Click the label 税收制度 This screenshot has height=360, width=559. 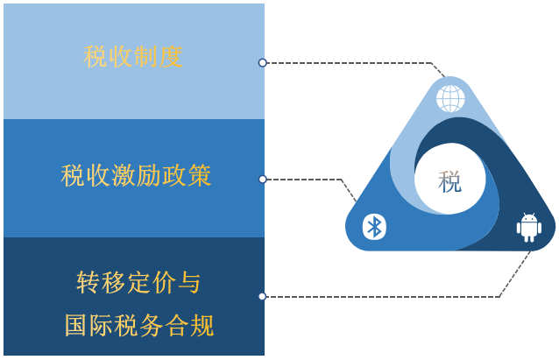133,57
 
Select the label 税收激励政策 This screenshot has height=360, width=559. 136,175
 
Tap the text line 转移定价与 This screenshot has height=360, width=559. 138,282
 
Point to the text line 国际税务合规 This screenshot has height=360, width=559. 139,325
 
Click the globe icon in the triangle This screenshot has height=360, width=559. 450,99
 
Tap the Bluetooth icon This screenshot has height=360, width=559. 374,227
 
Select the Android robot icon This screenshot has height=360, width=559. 529,228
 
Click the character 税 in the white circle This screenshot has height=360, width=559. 449,182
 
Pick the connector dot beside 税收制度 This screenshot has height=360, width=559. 262,63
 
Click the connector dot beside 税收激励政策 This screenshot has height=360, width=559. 262,180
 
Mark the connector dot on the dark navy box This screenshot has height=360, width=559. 262,297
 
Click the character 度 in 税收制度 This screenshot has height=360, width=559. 171,57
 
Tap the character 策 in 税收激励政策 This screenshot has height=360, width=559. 200,175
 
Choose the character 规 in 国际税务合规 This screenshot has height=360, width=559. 202,325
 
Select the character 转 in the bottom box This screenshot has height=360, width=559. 88,282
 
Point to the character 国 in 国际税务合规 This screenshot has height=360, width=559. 76,325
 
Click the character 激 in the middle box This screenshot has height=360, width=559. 124,175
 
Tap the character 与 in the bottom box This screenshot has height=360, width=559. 189,282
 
